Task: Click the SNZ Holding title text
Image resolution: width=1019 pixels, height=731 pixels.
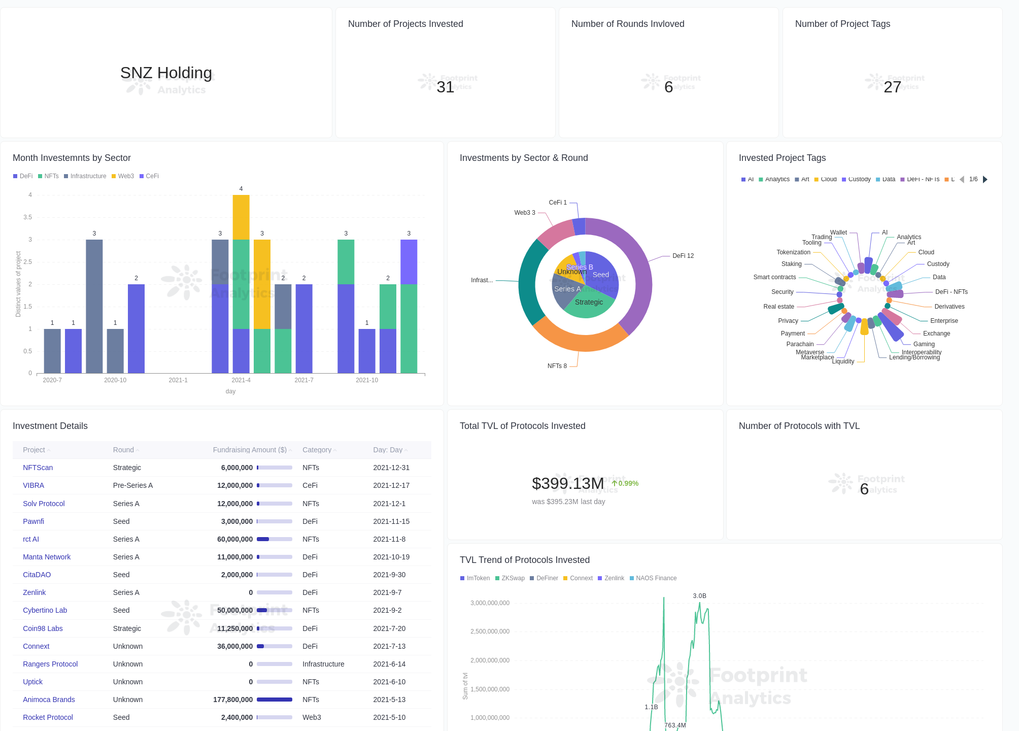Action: pyautogui.click(x=166, y=73)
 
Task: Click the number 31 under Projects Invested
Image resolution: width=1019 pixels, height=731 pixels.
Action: pyautogui.click(x=445, y=87)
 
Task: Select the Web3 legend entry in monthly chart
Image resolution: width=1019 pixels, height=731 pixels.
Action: pyautogui.click(x=125, y=176)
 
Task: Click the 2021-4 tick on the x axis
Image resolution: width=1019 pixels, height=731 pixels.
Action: pyautogui.click(x=241, y=380)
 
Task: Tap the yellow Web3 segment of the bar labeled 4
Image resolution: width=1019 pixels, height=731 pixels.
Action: pyautogui.click(x=241, y=217)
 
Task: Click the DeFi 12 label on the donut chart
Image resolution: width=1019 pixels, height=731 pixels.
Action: pyautogui.click(x=683, y=256)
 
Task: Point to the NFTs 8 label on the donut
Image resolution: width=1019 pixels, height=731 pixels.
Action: pyautogui.click(x=557, y=366)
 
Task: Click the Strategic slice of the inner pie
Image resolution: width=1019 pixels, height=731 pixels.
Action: pyautogui.click(x=589, y=303)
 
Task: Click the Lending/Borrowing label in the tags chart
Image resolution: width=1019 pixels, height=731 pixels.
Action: pyautogui.click(x=914, y=358)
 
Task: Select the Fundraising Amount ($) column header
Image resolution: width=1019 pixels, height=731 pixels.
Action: pyautogui.click(x=250, y=450)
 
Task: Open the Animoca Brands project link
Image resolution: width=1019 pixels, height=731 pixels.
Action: pyautogui.click(x=49, y=700)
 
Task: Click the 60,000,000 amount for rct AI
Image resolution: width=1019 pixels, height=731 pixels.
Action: pyautogui.click(x=235, y=539)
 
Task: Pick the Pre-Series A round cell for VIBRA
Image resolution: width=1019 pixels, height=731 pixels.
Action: pyautogui.click(x=132, y=485)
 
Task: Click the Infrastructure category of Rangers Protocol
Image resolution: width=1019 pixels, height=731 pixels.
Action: pyautogui.click(x=323, y=664)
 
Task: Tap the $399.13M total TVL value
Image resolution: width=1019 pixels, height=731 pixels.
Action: pyautogui.click(x=567, y=483)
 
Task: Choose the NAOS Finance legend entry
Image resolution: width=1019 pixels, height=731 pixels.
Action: pyautogui.click(x=656, y=578)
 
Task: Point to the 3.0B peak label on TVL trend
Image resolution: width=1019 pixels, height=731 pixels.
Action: pyautogui.click(x=699, y=596)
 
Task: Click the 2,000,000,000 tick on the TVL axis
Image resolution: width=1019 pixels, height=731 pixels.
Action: pyautogui.click(x=490, y=660)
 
